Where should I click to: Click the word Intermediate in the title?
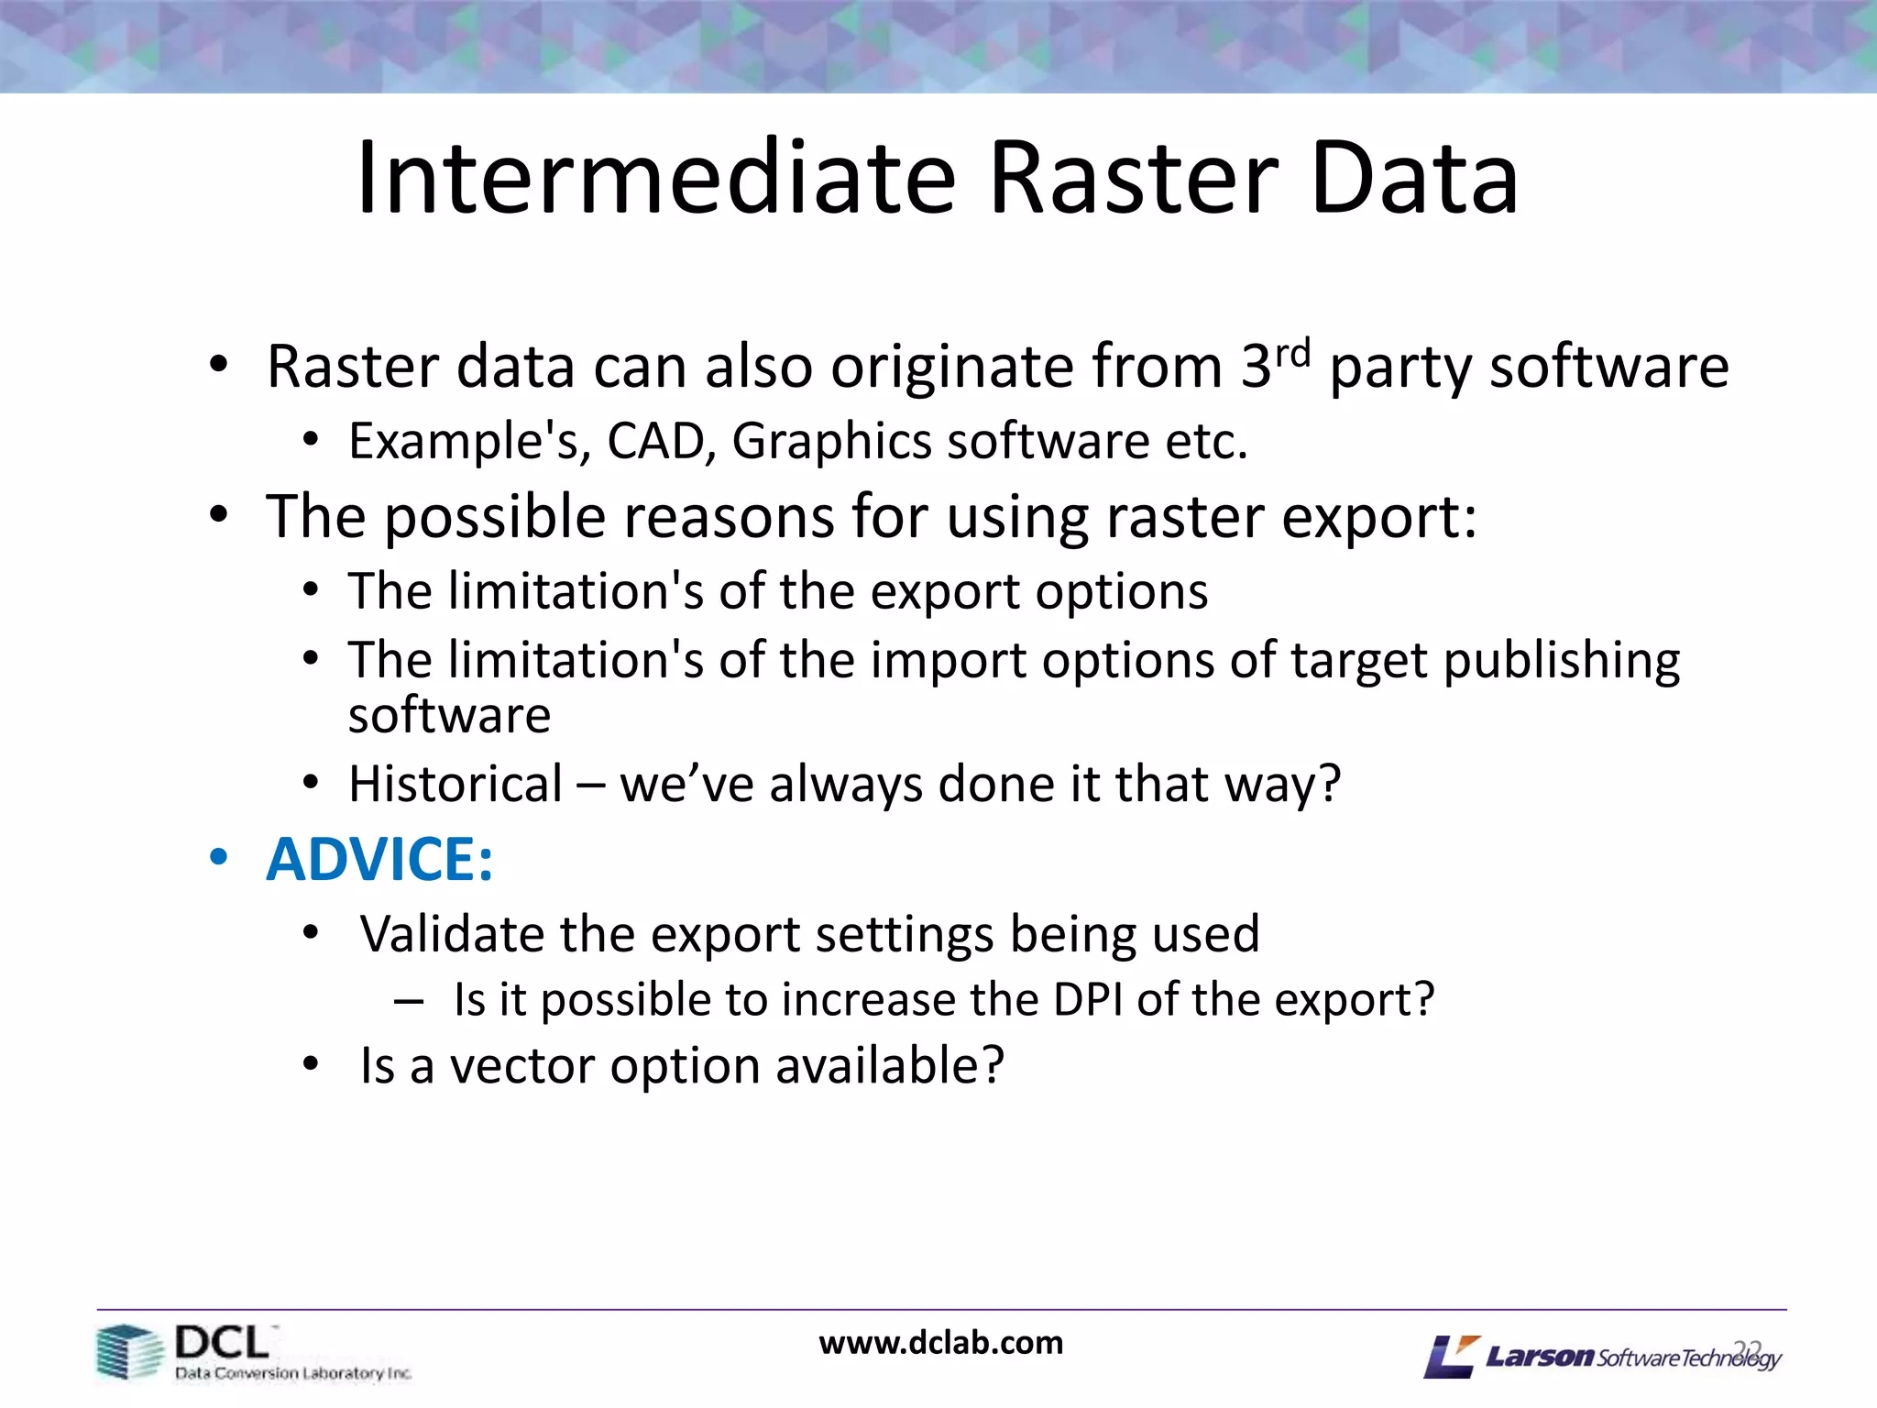pos(655,179)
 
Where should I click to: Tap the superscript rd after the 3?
pos(1293,353)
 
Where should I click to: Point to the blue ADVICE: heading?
pos(379,860)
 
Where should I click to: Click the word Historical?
pos(456,785)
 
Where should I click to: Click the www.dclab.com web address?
pos(940,1343)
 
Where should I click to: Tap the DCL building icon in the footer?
pos(129,1352)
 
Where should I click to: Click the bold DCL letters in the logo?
pos(222,1343)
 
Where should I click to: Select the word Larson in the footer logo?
pos(1540,1356)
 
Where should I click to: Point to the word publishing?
pos(1561,661)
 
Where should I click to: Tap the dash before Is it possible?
pos(409,1000)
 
